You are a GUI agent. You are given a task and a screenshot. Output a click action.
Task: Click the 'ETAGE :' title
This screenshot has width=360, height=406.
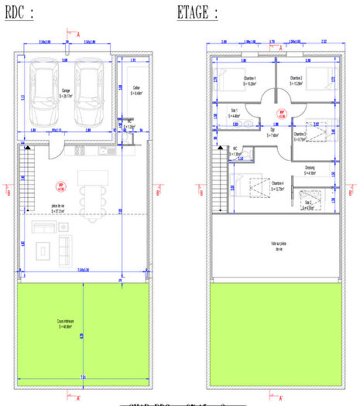click(x=197, y=13)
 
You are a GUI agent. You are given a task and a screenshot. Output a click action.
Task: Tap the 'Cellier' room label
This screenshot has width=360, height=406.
click(x=136, y=90)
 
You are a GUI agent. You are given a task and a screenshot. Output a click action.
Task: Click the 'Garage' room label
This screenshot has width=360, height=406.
click(x=68, y=91)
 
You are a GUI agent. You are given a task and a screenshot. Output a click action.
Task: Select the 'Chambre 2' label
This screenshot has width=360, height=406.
click(x=296, y=79)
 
